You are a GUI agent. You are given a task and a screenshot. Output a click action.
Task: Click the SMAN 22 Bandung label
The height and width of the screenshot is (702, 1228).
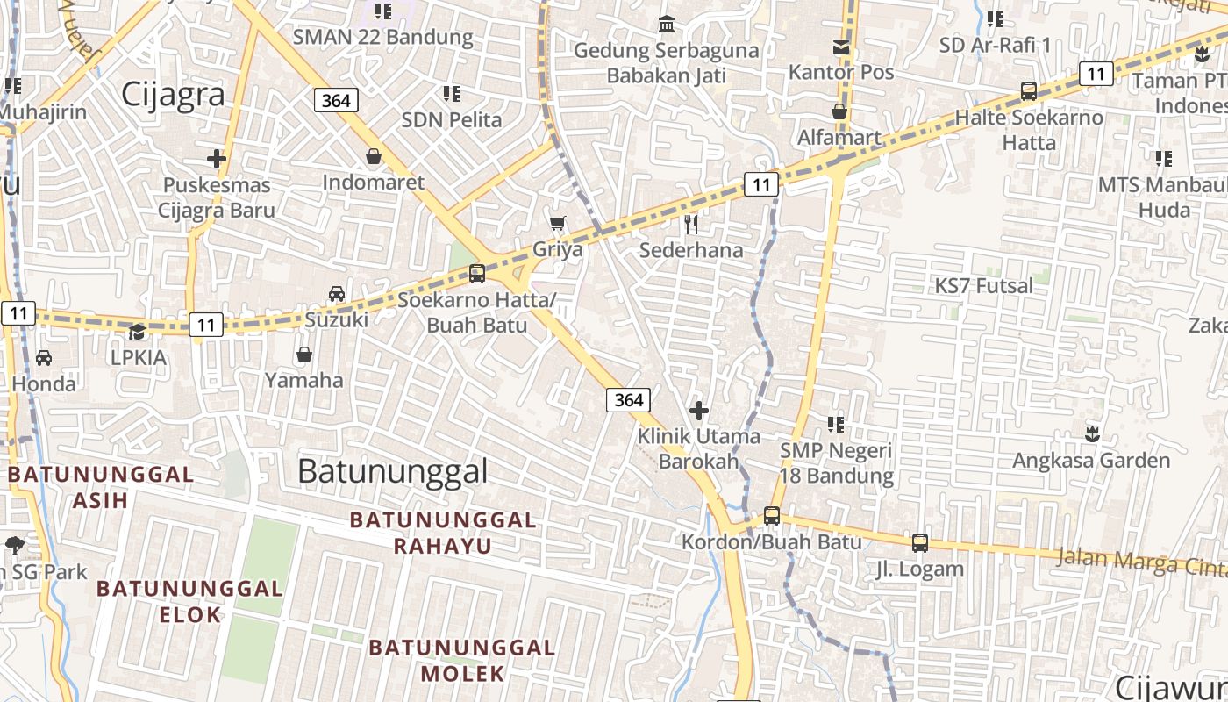[382, 37]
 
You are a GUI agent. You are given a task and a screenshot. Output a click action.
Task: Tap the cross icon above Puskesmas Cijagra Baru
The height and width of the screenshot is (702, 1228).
[217, 159]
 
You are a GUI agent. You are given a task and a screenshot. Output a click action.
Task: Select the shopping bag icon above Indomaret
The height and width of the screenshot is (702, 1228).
[374, 156]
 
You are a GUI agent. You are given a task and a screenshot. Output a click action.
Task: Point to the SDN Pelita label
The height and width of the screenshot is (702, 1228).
[452, 119]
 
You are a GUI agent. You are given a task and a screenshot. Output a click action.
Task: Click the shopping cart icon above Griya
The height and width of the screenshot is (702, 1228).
[557, 224]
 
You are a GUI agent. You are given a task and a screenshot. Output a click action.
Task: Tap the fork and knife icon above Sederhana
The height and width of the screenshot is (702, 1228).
[691, 225]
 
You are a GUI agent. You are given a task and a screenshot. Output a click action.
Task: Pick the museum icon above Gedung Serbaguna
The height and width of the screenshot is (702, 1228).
[667, 24]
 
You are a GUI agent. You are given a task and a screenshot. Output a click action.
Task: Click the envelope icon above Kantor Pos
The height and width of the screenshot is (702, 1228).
[841, 47]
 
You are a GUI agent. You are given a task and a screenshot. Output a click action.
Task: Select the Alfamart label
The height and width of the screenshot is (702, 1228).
[839, 138]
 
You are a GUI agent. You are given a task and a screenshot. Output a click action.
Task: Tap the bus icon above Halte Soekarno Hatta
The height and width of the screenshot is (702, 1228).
[1029, 90]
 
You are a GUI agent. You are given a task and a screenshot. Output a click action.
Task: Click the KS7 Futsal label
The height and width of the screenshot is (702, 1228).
[983, 286]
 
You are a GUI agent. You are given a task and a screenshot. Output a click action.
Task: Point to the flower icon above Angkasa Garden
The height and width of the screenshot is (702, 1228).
[1092, 433]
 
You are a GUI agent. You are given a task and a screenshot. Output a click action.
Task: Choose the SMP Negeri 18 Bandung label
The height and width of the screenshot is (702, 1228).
[837, 463]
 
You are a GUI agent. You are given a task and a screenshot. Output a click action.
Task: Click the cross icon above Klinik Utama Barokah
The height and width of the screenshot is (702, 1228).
[699, 410]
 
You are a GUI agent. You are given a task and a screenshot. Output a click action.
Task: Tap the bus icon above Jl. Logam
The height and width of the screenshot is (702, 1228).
[919, 543]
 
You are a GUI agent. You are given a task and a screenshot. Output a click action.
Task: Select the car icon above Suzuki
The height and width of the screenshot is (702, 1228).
[337, 294]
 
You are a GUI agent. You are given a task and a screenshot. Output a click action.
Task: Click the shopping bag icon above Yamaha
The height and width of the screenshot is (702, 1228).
[304, 355]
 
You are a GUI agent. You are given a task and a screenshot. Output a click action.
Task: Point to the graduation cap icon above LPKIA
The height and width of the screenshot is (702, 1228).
[138, 332]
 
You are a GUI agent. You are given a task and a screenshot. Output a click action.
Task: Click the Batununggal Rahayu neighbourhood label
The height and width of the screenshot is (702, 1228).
[442, 533]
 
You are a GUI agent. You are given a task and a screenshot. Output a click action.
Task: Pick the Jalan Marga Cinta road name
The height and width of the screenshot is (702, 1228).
[1140, 562]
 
